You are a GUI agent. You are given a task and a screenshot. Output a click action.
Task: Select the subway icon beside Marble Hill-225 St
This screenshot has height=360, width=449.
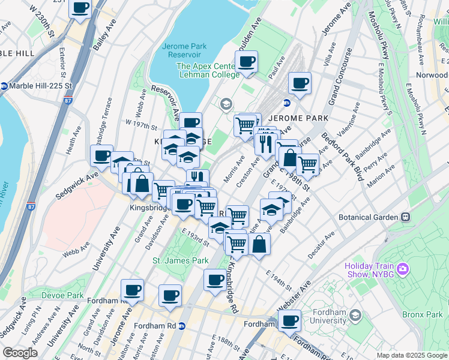(4, 85)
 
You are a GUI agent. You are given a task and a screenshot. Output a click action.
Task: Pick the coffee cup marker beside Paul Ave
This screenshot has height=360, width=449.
(299, 83)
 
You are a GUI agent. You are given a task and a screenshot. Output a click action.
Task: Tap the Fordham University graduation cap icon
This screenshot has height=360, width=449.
(355, 314)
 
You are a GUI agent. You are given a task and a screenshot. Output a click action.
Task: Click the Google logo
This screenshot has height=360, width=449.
(20, 352)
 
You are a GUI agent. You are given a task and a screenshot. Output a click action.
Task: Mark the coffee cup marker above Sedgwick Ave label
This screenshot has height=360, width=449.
(101, 156)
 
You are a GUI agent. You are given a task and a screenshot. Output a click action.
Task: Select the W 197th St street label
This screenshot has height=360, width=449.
(140, 122)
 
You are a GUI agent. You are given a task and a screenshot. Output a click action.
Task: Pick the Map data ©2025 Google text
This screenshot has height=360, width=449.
(412, 355)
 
